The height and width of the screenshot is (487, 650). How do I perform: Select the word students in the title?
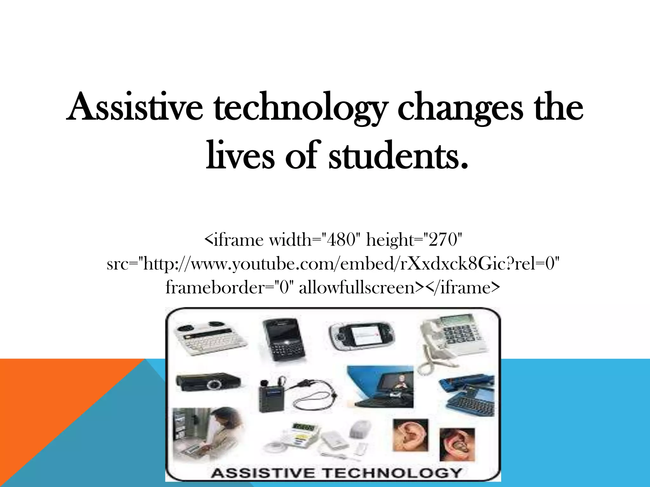398,155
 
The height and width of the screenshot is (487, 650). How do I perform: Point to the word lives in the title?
240,155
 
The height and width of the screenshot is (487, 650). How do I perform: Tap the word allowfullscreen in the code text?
357,288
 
